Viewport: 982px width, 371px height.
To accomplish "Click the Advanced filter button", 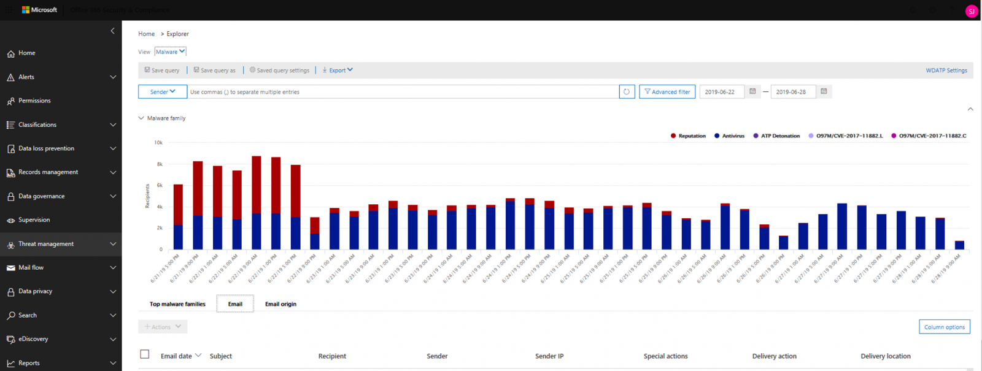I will (667, 92).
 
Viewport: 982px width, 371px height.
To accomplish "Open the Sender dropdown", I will (163, 92).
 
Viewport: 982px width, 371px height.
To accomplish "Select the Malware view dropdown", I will (170, 52).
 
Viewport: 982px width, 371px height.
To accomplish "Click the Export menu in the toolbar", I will (338, 71).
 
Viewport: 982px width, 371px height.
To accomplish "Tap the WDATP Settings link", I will (946, 71).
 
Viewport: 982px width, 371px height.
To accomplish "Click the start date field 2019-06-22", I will (721, 92).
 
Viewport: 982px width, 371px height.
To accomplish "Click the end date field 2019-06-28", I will (792, 92).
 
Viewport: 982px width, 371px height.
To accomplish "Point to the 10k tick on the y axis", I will (158, 143).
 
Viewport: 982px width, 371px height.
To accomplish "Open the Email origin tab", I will (280, 304).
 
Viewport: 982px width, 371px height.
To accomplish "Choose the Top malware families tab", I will (177, 304).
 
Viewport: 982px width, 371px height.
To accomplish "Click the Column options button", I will (944, 327).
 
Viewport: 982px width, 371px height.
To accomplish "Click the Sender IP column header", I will (549, 356).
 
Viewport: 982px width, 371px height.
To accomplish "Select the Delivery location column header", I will (885, 356).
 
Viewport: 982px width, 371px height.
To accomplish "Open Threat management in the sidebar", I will (46, 244).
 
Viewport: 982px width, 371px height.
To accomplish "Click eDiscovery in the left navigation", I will (33, 339).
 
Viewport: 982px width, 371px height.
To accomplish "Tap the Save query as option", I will (215, 71).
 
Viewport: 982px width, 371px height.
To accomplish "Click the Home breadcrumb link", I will (146, 34).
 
